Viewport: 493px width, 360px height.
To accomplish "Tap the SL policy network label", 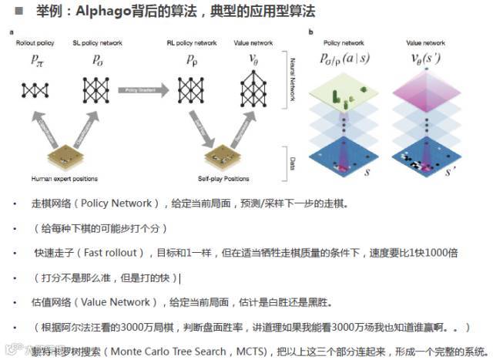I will point(97,43).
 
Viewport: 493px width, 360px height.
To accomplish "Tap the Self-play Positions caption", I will point(223,179).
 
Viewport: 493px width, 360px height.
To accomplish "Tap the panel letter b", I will point(310,32).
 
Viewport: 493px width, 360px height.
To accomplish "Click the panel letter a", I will point(11,32).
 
